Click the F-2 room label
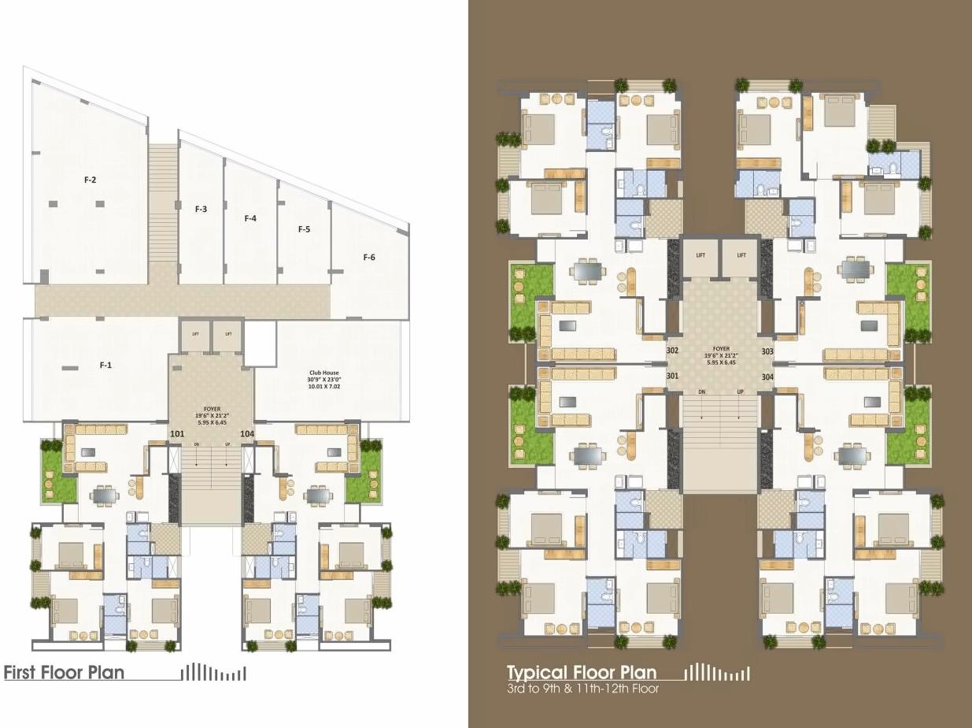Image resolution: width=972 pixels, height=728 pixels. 90,180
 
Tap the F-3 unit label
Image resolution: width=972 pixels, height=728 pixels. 201,209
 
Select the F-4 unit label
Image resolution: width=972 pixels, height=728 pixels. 250,218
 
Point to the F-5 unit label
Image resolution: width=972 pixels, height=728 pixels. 304,229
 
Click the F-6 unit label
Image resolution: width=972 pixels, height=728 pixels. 369,257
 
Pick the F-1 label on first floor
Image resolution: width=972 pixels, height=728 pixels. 105,365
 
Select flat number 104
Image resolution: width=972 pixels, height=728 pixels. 247,433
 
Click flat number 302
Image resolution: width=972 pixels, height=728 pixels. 672,351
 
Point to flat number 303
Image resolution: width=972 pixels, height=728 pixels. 767,351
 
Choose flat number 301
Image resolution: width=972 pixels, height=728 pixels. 672,376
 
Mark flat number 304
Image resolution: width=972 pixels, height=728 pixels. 767,377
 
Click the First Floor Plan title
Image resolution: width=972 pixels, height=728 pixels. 65,673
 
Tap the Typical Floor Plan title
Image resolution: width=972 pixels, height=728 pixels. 582,673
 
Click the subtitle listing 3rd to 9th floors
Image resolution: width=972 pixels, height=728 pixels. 582,689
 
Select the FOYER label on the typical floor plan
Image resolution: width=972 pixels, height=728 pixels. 720,348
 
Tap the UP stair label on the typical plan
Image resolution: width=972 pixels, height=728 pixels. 740,392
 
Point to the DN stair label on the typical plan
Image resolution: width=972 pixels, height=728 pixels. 701,392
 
